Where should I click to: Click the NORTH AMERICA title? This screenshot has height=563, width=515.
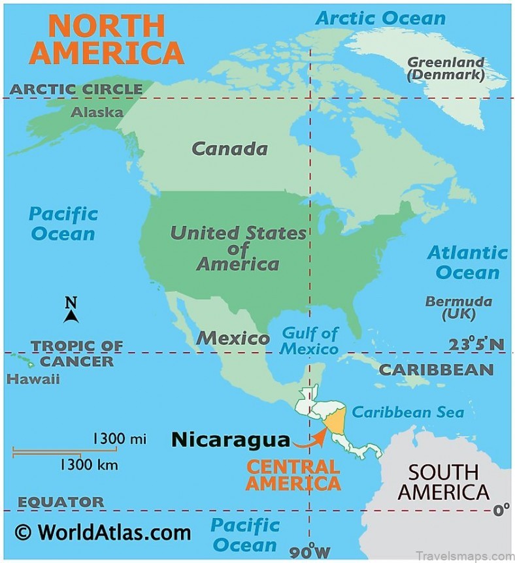coord(107,39)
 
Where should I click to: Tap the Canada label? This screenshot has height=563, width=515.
coord(229,149)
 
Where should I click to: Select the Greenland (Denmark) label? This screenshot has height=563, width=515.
coord(446,69)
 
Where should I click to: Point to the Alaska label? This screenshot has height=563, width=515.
coord(97,112)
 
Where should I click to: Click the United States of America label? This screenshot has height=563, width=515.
coord(238,248)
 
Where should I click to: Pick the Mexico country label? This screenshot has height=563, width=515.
coord(233,338)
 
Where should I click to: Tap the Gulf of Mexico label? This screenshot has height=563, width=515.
coord(310,341)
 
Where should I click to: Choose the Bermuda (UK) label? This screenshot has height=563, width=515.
coord(458,308)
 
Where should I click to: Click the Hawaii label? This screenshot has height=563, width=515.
coord(33,379)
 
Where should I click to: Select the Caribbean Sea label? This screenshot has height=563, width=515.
coord(408,412)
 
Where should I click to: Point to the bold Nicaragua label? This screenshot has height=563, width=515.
coord(230,440)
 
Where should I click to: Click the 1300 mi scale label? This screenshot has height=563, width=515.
coord(119,438)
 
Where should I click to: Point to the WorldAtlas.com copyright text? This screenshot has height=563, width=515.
coord(103,532)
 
